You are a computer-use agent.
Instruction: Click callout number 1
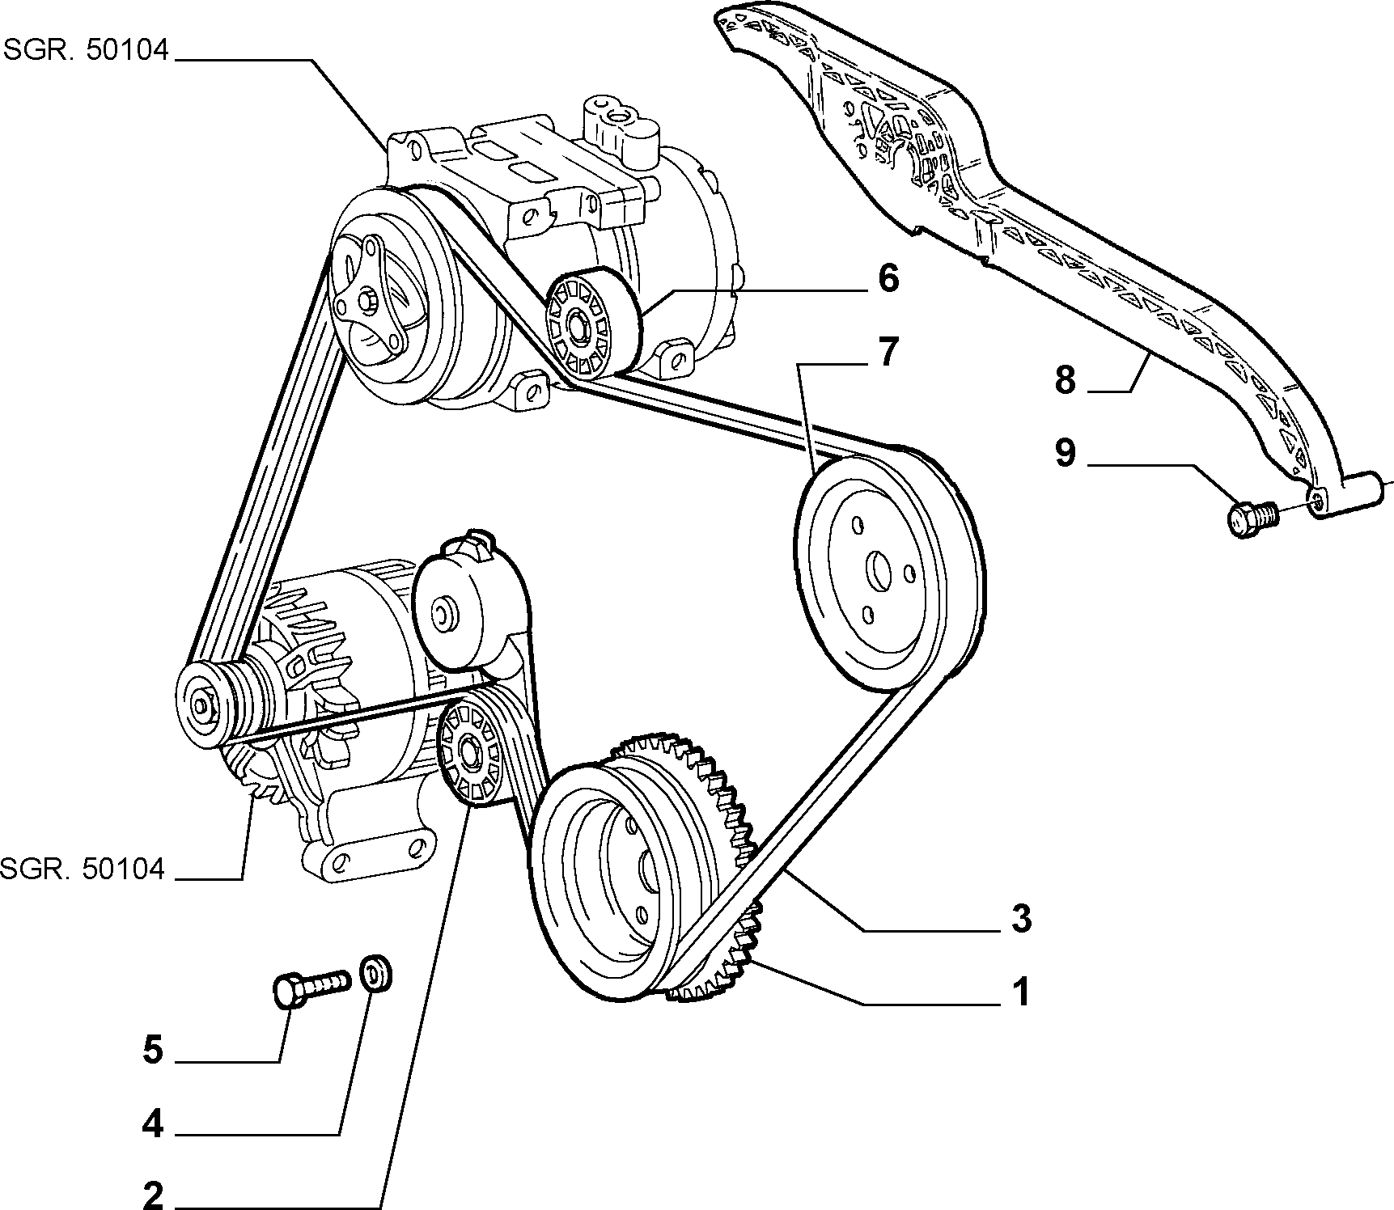(x=1021, y=992)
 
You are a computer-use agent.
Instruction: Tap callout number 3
(x=1021, y=919)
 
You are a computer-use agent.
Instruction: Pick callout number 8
(x=1065, y=379)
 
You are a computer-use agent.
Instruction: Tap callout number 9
(x=1065, y=453)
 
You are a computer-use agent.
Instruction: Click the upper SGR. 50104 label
(x=87, y=50)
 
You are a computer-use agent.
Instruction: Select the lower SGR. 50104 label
(x=82, y=869)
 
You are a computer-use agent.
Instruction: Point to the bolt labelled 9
(x=1252, y=518)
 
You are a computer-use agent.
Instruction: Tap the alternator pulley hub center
(x=200, y=708)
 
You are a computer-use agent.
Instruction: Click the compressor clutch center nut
(x=366, y=301)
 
